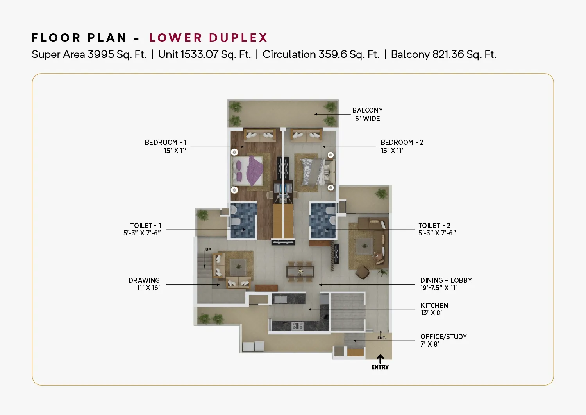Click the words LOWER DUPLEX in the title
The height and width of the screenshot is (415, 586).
[x=208, y=38]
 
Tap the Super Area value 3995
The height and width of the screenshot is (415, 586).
[x=101, y=54]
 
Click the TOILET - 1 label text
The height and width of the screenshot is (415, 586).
[x=145, y=226]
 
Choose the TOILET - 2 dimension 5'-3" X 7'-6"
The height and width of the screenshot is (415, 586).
[x=437, y=233]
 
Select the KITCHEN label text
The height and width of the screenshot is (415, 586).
[x=434, y=305]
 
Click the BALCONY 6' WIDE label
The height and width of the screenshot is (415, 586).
[x=367, y=114]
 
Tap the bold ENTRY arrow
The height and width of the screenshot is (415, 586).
[x=380, y=359]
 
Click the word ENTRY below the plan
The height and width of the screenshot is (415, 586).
[x=380, y=367]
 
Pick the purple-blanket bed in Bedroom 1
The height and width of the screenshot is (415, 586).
[x=247, y=171]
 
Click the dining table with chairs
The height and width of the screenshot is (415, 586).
[x=300, y=271]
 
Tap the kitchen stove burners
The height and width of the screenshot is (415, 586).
[x=298, y=326]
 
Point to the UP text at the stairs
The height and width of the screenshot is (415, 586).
[x=208, y=250]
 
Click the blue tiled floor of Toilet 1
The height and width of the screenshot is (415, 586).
[x=243, y=221]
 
